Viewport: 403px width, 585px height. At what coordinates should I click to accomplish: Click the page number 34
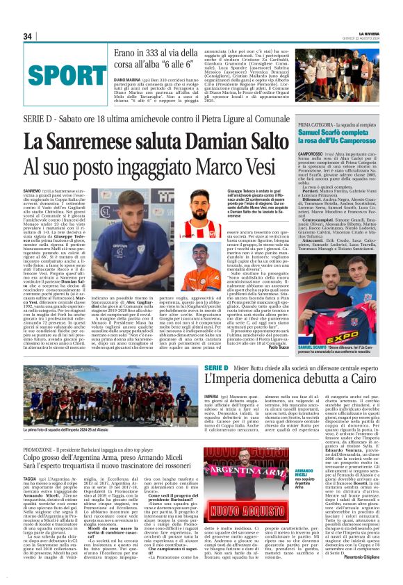(x=28, y=36)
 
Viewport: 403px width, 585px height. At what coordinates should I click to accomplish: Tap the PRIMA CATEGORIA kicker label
(x=318, y=143)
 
